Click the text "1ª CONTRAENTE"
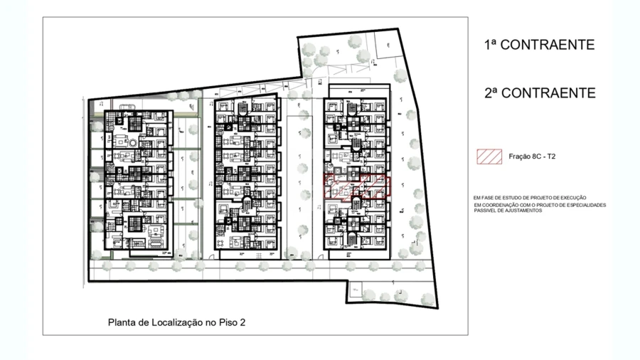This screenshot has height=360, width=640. tap(539, 45)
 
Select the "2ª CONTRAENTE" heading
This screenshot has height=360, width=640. tap(539, 93)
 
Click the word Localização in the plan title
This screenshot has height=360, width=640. tap(174, 322)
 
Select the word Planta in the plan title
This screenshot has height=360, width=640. tap(122, 322)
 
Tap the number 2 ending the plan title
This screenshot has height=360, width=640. tap(243, 322)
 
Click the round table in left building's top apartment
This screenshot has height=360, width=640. tap(132, 143)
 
